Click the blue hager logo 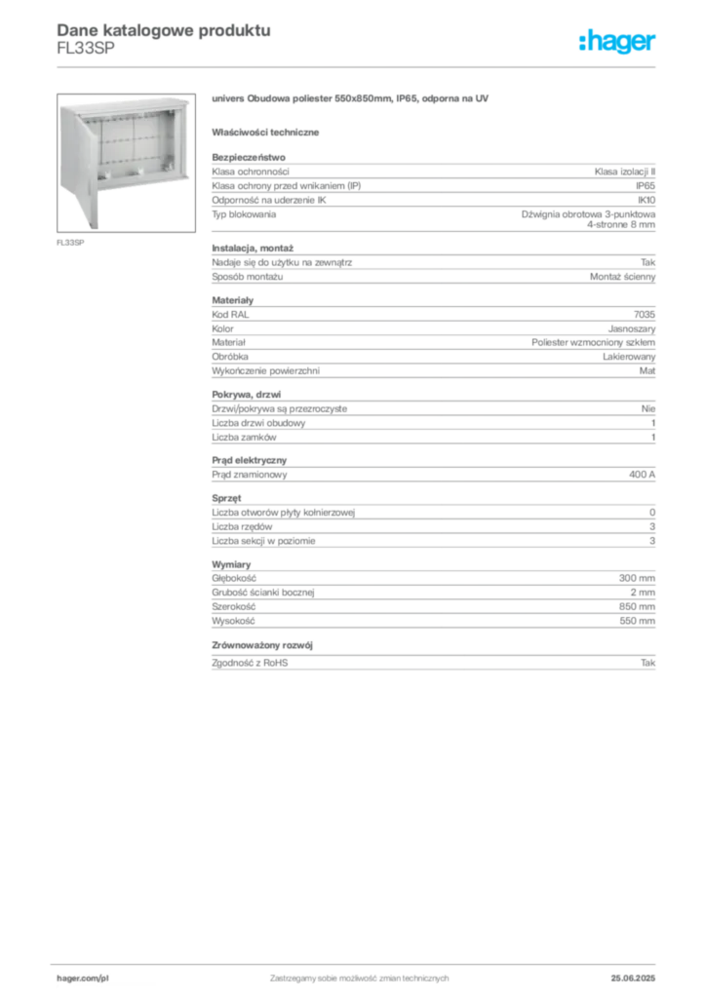tap(618, 43)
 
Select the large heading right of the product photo tap(348, 100)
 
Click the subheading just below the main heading tap(268, 131)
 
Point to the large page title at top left tap(162, 29)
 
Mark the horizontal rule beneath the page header tap(358, 66)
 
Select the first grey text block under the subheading tap(432, 192)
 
